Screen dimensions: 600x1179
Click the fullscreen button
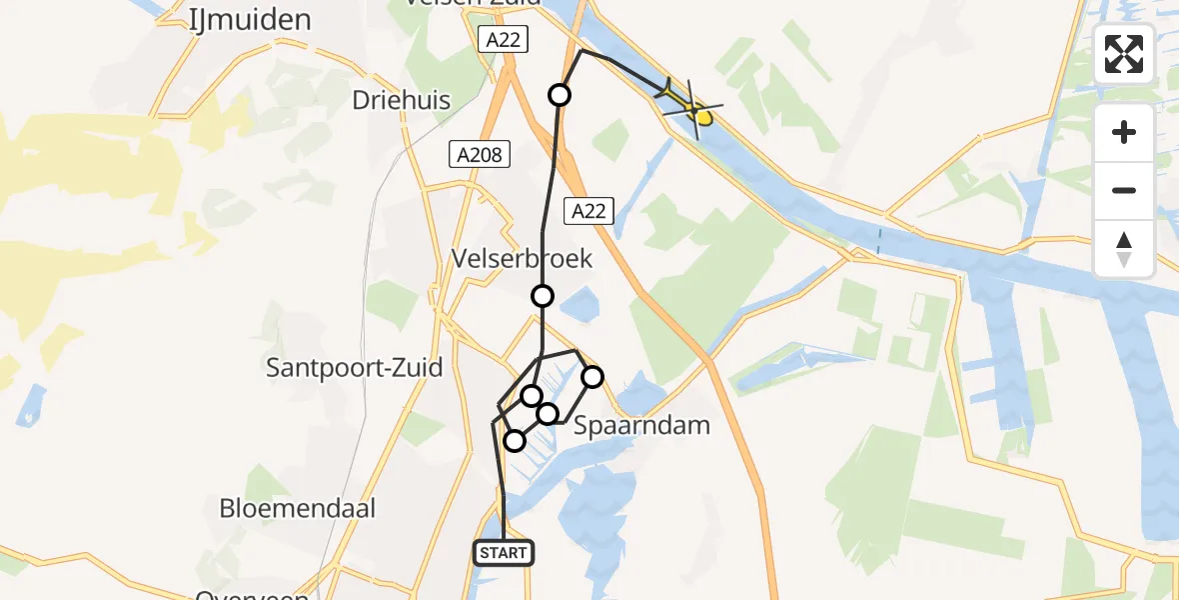(x=1124, y=54)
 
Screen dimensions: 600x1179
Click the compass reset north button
(x=1124, y=249)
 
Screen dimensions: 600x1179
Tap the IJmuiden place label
(x=250, y=19)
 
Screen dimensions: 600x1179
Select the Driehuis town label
(x=402, y=101)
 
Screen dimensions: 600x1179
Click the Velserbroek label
(x=522, y=259)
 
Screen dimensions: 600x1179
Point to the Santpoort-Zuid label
(x=355, y=368)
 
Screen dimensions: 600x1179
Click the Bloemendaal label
(x=298, y=508)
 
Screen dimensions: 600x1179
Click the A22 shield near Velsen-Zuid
(x=502, y=40)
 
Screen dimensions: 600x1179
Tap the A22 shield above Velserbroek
(x=588, y=210)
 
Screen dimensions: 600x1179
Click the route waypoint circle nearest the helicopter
(x=560, y=95)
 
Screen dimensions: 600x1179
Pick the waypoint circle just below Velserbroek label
(x=542, y=296)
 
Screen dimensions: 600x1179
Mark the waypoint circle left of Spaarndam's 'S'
(x=548, y=413)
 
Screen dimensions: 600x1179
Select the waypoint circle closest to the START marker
(x=515, y=441)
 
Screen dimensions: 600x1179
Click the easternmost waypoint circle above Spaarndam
(x=592, y=377)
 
